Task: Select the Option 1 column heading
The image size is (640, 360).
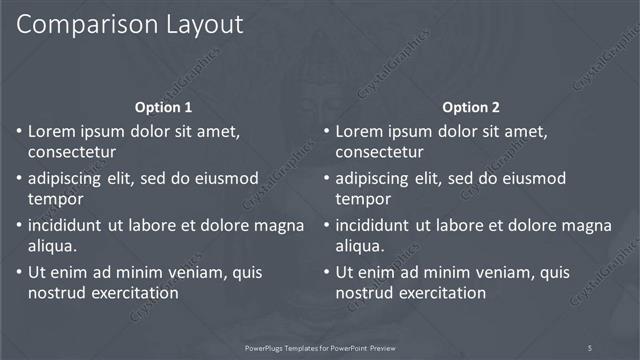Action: tap(163, 107)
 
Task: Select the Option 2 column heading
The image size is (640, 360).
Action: tap(471, 107)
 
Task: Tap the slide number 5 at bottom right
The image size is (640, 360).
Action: tap(590, 347)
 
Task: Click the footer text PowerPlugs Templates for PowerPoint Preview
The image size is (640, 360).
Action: tap(320, 347)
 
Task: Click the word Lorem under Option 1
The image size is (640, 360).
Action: tap(51, 131)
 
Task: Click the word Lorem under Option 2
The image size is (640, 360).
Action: tap(359, 131)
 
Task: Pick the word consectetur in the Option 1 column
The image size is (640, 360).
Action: tap(73, 153)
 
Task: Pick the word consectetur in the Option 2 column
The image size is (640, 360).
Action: tap(381, 153)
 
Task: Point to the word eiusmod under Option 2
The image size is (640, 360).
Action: tap(530, 178)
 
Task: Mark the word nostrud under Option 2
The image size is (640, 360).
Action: tap(363, 293)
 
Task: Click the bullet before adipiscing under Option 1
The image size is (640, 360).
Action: tap(19, 179)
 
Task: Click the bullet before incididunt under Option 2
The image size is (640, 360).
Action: tap(327, 226)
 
